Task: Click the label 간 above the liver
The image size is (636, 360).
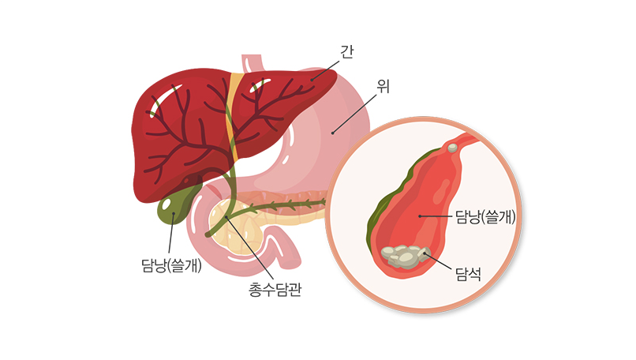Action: click(346, 52)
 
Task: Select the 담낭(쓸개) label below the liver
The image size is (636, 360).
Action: click(168, 265)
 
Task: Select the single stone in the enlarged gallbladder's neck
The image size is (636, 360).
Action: click(452, 148)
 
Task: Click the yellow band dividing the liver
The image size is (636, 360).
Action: click(230, 118)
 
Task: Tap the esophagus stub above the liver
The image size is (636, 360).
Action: click(253, 62)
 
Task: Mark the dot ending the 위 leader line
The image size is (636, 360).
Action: click(332, 133)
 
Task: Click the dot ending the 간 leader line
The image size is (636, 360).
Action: click(312, 79)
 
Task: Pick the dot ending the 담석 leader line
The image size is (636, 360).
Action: click(425, 254)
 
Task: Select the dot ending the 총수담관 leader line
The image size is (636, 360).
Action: click(226, 216)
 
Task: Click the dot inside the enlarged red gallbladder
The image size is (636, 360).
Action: click(419, 215)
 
